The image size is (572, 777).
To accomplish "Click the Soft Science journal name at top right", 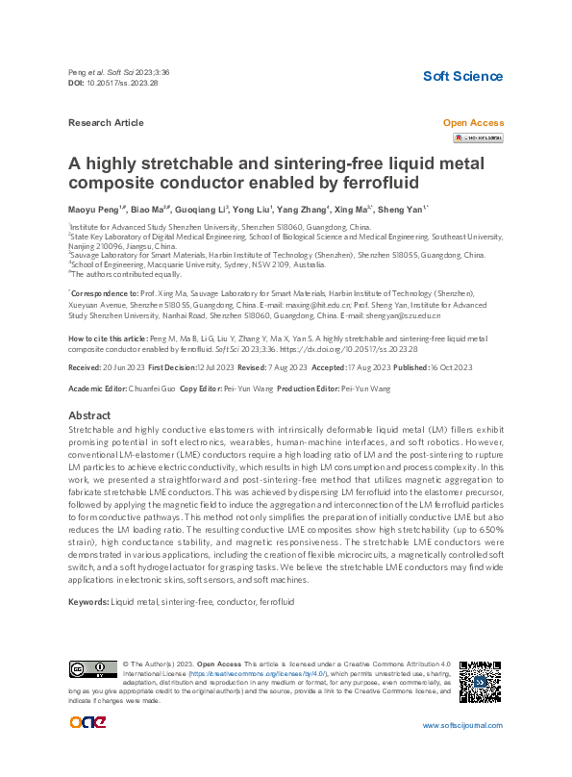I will click(x=463, y=76).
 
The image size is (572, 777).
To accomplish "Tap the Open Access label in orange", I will click(x=472, y=123).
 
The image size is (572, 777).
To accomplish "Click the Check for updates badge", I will click(x=478, y=138).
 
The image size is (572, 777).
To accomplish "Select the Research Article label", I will click(x=107, y=123).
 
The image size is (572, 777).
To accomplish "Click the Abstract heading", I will click(x=90, y=415).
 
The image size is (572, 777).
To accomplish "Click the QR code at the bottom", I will click(x=480, y=682).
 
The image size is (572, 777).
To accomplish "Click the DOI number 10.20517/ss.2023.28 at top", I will click(x=122, y=84).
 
